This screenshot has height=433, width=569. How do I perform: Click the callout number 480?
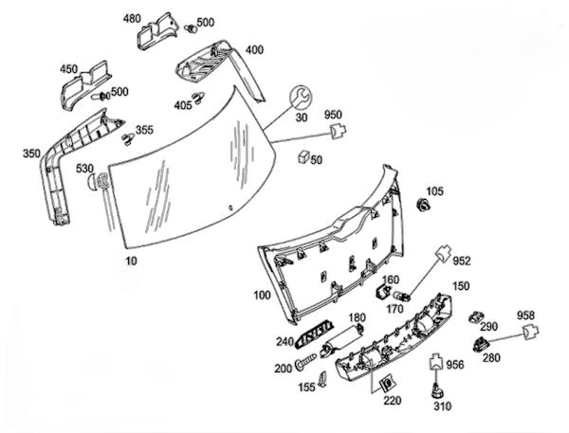coord(132,17)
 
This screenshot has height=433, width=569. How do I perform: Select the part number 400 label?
coord(254,49)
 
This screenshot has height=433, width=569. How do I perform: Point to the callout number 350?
coord(31,153)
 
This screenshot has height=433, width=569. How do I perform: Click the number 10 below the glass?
coord(132,258)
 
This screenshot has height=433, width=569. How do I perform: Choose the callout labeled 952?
coord(462,260)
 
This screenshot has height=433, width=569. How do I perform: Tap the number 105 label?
coord(434,191)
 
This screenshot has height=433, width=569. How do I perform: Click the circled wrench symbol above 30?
coord(300,96)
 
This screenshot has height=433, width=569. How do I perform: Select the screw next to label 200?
coord(306,362)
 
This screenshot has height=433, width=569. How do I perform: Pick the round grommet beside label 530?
coord(101,182)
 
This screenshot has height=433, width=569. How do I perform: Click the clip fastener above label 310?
coord(437,388)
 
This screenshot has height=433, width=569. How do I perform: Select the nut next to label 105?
coord(426,205)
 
